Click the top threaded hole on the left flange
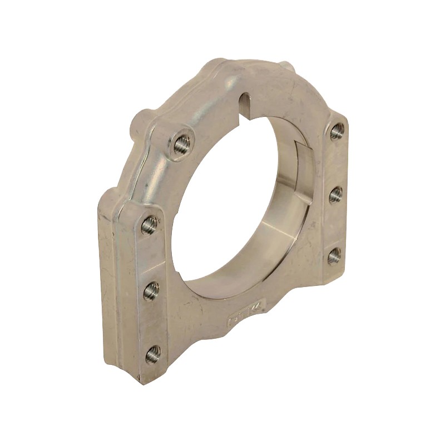point(148,225)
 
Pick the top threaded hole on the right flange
point(336,132)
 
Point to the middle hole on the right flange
point(335,195)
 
